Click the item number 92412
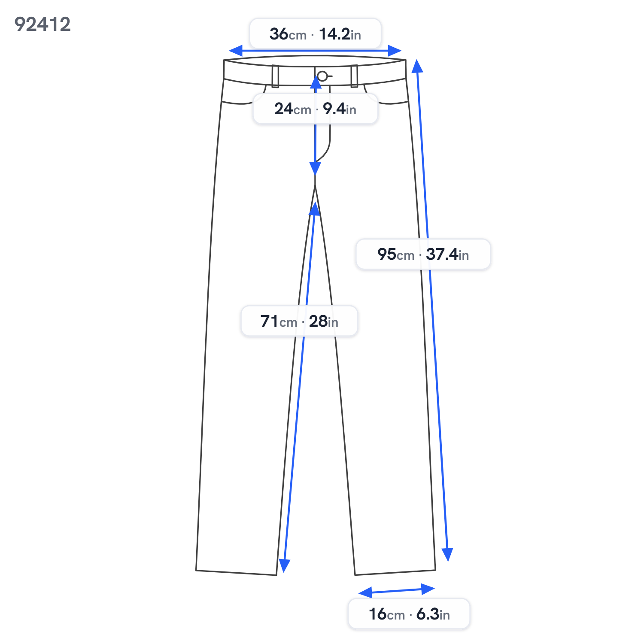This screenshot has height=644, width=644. [x=43, y=24]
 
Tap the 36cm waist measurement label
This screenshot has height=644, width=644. [x=315, y=34]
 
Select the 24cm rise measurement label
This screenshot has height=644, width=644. [x=315, y=109]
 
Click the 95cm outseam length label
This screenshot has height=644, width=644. [x=423, y=254]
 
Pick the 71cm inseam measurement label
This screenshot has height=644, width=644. [x=299, y=321]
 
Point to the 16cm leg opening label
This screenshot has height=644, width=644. [x=409, y=614]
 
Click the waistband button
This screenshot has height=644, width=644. [x=322, y=76]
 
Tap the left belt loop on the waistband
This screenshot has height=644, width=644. [x=275, y=76]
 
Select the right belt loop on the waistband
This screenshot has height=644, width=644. [x=354, y=76]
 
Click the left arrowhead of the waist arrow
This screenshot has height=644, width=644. [x=235, y=51]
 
